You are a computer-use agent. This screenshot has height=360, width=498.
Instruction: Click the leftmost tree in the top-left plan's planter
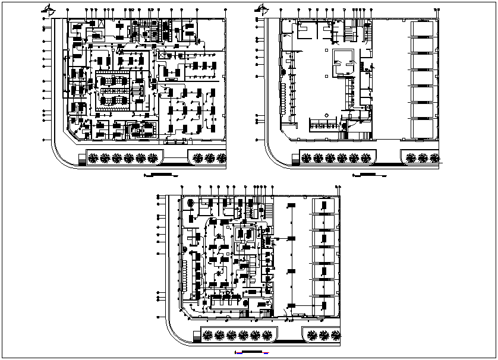click(x=93, y=157)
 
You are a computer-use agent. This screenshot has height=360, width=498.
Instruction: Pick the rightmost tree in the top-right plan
click(x=436, y=157)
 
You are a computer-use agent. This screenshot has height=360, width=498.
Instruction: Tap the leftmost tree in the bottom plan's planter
click(x=207, y=335)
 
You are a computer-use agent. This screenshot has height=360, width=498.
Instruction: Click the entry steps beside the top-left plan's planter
click(x=81, y=159)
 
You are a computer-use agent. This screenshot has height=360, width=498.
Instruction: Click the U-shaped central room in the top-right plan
click(x=343, y=61)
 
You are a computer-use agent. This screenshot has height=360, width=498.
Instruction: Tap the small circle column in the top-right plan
click(x=326, y=114)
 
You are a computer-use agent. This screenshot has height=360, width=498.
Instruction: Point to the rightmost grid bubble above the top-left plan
click(x=225, y=11)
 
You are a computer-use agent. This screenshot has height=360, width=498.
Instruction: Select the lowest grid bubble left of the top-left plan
click(x=44, y=140)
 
